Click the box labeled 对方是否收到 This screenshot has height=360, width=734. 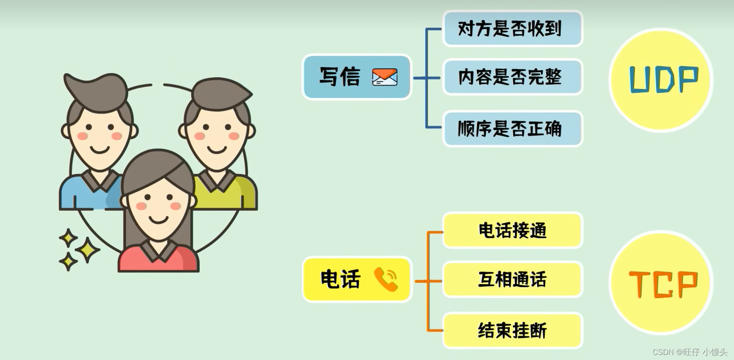512,29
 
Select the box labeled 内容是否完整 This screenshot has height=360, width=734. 512,77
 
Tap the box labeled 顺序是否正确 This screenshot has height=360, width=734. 512,129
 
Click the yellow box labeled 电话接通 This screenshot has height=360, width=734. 512,231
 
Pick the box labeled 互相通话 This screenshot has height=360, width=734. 512,279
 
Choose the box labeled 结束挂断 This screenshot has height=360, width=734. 512,330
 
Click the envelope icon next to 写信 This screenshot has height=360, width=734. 385,77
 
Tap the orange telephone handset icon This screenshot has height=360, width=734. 386,279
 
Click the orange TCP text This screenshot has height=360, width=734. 663,284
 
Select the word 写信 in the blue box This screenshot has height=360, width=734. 340,77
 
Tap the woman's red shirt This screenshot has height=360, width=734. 158,261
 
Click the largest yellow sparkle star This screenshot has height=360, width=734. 88,250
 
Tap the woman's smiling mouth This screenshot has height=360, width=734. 159,220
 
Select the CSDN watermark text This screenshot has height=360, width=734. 690,352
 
